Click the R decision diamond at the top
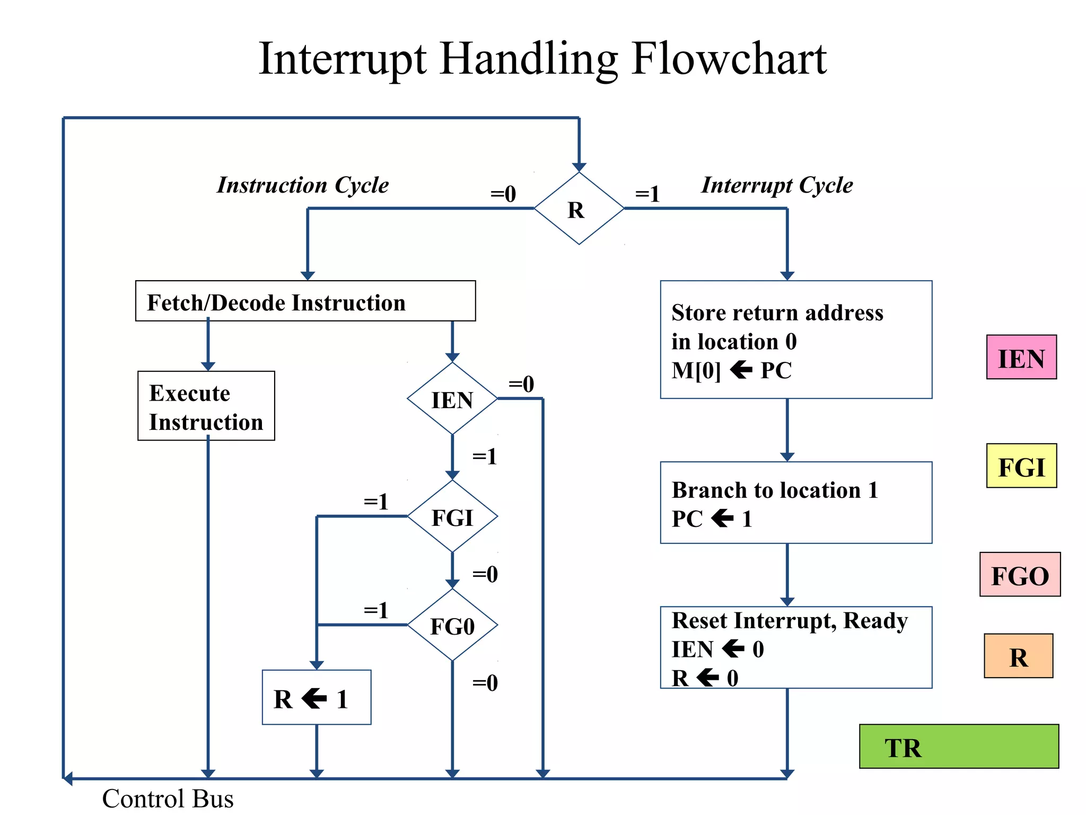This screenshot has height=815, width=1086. [x=579, y=209]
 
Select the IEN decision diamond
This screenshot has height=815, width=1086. [x=452, y=399]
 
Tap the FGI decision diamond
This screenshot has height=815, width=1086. [x=452, y=517]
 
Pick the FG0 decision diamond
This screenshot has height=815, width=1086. [x=452, y=626]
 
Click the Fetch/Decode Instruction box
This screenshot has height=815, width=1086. [x=305, y=301]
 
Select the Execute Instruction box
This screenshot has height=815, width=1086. [x=206, y=406]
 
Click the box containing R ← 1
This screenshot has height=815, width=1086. [x=316, y=697]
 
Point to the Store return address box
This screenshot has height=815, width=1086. [x=795, y=340]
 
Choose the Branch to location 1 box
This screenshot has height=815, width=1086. [x=795, y=502]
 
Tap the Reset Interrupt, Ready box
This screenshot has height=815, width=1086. [x=795, y=647]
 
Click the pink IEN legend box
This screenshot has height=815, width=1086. [x=1021, y=357]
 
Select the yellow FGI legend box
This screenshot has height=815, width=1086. [x=1021, y=466]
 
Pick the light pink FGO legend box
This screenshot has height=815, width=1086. [x=1019, y=575]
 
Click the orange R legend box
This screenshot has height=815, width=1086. [x=1018, y=656]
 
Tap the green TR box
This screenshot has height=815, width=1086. [x=958, y=747]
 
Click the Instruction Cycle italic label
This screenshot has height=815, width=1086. [x=303, y=185]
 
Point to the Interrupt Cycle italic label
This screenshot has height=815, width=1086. [x=777, y=185]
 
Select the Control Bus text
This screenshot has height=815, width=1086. [x=168, y=799]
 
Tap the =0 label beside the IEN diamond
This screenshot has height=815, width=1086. [x=521, y=384]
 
